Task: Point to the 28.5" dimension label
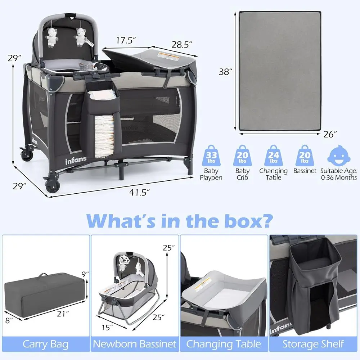(x=181, y=45)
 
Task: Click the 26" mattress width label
(x=330, y=134)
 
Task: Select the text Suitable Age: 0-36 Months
(x=338, y=174)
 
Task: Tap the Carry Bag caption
(x=45, y=343)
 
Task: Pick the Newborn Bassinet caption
(x=135, y=343)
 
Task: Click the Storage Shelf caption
(x=313, y=343)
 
